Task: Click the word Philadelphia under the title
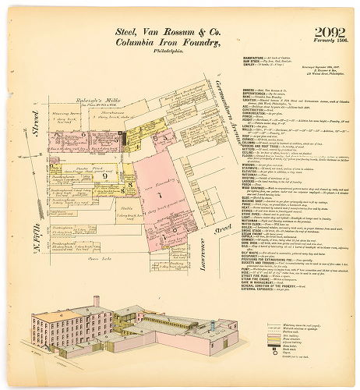tap(168, 53)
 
